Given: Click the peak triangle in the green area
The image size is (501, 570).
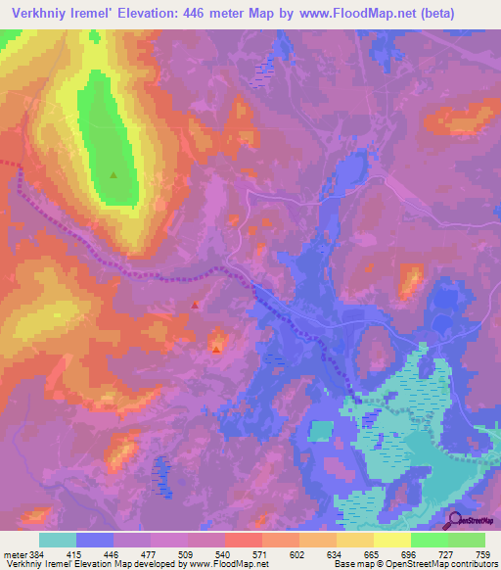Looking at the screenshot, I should [114, 175].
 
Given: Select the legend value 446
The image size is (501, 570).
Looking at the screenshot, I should [113, 554].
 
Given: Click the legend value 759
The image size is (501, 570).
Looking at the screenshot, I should [483, 554].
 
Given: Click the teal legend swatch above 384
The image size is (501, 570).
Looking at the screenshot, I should [58, 540].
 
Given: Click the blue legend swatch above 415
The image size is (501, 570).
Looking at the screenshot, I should [95, 540].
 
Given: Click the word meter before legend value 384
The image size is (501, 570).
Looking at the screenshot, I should [14, 554].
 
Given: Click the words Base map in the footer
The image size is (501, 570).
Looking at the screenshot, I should [351, 565].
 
